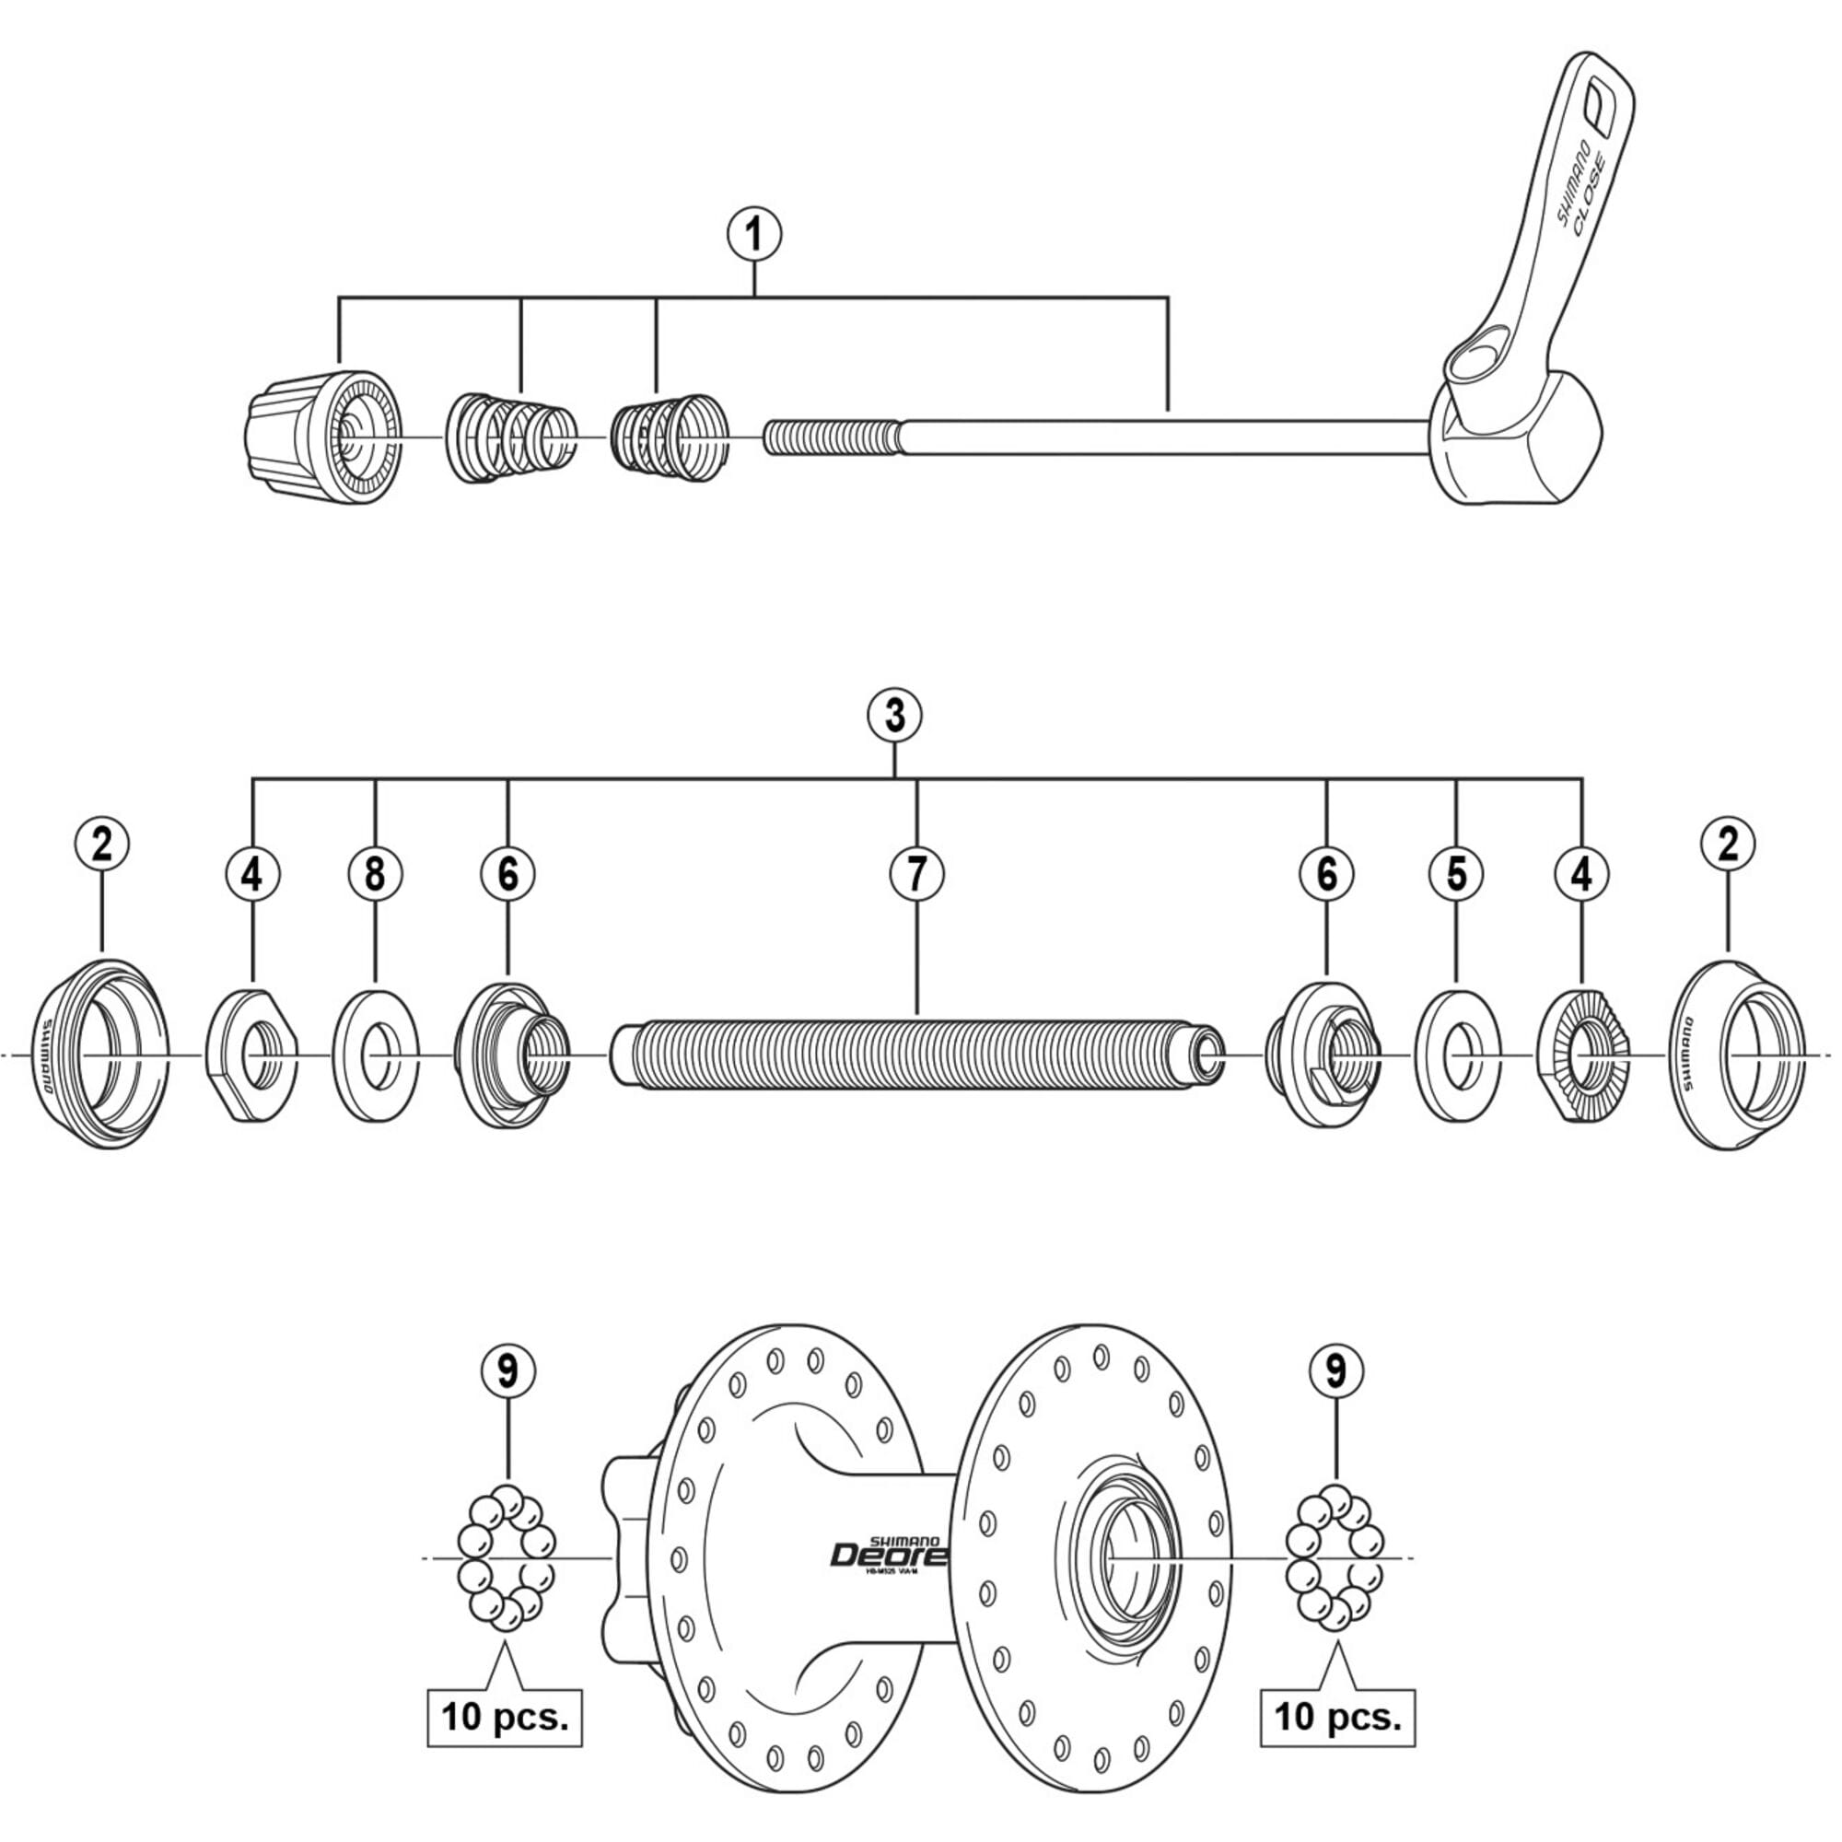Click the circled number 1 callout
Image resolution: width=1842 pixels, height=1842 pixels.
pyautogui.click(x=754, y=235)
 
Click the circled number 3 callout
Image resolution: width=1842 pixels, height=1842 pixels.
pyautogui.click(x=894, y=715)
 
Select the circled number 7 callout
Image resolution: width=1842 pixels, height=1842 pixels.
pyautogui.click(x=917, y=873)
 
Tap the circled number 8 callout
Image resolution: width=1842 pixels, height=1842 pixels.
pyautogui.click(x=376, y=873)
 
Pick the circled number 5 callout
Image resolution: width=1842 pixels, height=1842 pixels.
pyautogui.click(x=1456, y=873)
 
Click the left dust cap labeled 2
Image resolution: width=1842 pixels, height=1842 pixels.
pyautogui.click(x=103, y=1055)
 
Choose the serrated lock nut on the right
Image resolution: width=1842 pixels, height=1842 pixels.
pyautogui.click(x=1582, y=1055)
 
